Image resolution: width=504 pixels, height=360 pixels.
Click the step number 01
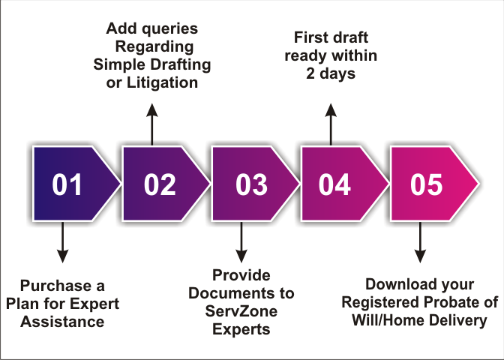68,184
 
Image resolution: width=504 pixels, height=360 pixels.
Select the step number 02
159,184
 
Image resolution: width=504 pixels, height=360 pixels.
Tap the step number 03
247,184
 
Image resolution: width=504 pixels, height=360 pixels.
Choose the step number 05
427,184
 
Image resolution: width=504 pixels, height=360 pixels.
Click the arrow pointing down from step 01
62,244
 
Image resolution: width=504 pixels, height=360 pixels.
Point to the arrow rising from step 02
152,124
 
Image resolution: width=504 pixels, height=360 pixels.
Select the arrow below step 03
241,244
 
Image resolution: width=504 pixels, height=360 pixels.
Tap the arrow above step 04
330,124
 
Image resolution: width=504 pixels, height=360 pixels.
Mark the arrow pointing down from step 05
420,244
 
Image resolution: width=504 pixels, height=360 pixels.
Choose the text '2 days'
330,73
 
